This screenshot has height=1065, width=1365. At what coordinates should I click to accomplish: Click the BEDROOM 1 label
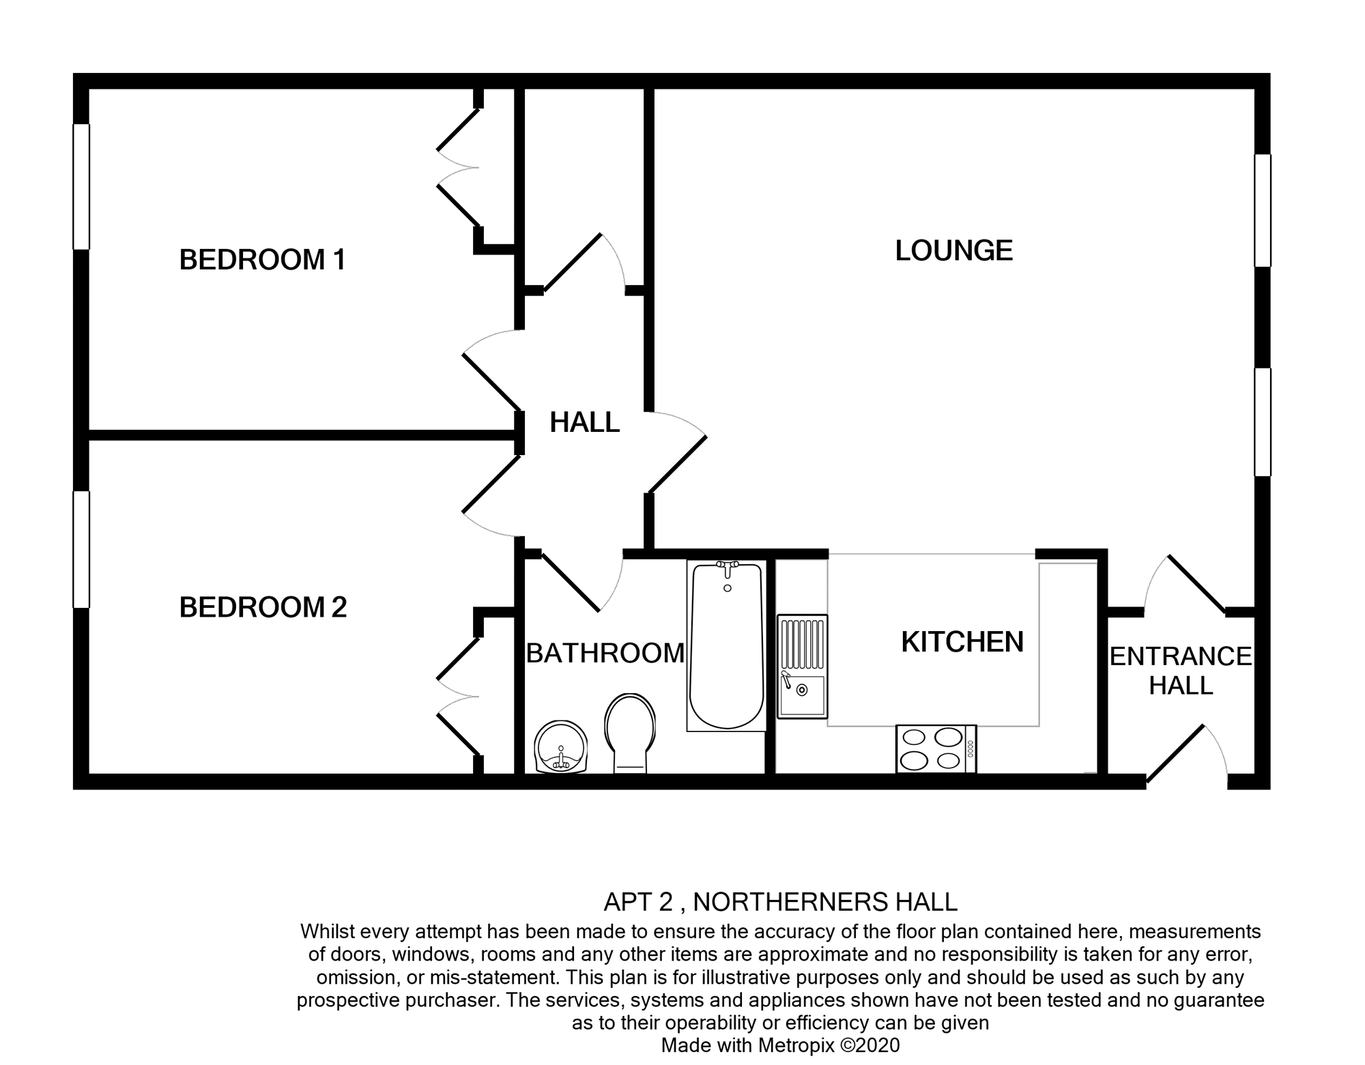[x=263, y=260]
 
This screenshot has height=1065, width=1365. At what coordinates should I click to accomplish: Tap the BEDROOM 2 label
[x=263, y=607]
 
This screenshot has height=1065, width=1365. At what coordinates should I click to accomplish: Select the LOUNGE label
[x=953, y=250]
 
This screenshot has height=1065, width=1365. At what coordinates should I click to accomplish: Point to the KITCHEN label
[x=962, y=642]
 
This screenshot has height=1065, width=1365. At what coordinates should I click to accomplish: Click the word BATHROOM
[x=605, y=654]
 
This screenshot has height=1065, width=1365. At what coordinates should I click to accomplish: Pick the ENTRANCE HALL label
[x=1181, y=671]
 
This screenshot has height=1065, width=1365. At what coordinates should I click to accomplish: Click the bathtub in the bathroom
[x=726, y=645]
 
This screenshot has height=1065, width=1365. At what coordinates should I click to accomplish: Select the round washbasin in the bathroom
[x=560, y=747]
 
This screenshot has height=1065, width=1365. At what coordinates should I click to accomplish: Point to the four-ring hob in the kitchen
[x=936, y=748]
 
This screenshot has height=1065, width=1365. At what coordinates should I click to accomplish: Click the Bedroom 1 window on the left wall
[x=81, y=186]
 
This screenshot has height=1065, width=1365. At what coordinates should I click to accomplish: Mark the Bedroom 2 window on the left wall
[x=81, y=549]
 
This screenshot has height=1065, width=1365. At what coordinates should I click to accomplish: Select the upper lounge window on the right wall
[x=1263, y=210]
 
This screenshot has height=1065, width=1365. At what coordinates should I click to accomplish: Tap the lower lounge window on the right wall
[x=1263, y=422]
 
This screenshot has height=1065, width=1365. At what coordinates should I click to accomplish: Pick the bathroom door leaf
[x=571, y=581]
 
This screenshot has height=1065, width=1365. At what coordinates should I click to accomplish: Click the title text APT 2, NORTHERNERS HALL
[x=780, y=902]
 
